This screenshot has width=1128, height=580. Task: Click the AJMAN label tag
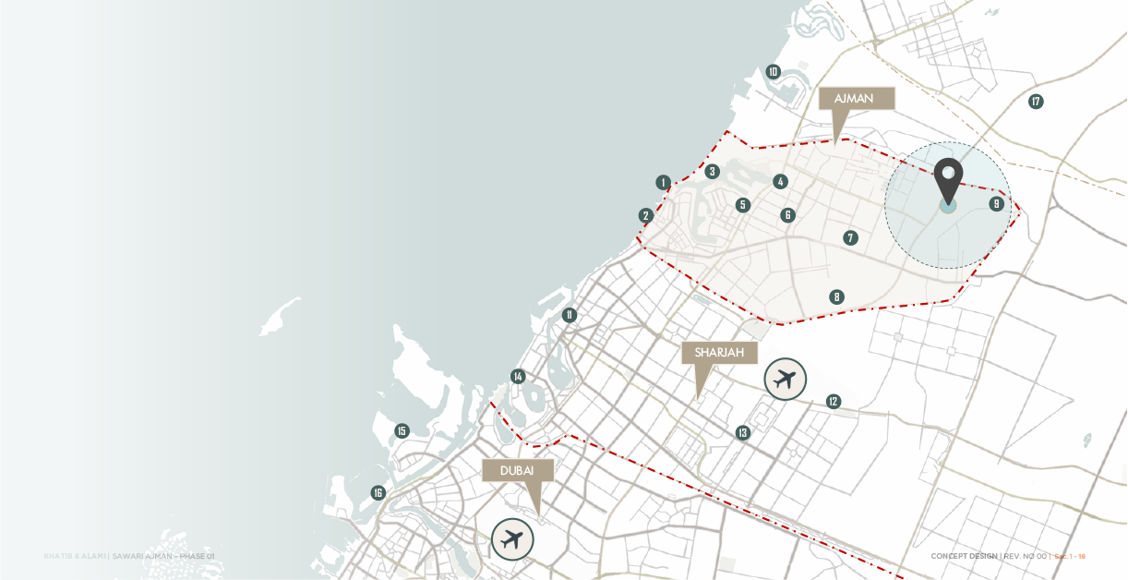[x=857, y=99]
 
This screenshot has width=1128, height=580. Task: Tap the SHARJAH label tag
[x=719, y=353]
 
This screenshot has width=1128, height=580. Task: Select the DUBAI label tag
[x=517, y=471]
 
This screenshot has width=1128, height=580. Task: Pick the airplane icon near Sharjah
[x=786, y=379]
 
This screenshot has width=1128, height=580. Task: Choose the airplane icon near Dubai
[x=512, y=538]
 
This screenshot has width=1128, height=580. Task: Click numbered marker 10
[x=774, y=72]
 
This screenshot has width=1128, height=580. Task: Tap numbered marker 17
[x=1036, y=102]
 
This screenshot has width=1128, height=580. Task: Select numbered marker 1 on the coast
[x=663, y=183]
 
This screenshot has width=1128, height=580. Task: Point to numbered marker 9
[x=996, y=204]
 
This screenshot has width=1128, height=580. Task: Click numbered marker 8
[x=836, y=297]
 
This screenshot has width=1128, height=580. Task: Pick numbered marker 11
[x=570, y=315]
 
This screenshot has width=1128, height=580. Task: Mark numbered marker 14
[x=518, y=376]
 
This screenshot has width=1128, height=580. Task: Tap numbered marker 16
[x=378, y=493]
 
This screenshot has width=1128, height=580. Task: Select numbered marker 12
[x=834, y=401]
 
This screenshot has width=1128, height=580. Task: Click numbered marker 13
[x=743, y=432]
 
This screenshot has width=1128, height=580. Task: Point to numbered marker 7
[x=850, y=238]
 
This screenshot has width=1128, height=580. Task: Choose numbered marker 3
[x=712, y=172]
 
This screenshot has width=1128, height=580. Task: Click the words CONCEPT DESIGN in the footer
[x=964, y=556]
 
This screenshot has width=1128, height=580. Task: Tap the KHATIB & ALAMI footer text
[x=75, y=556]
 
